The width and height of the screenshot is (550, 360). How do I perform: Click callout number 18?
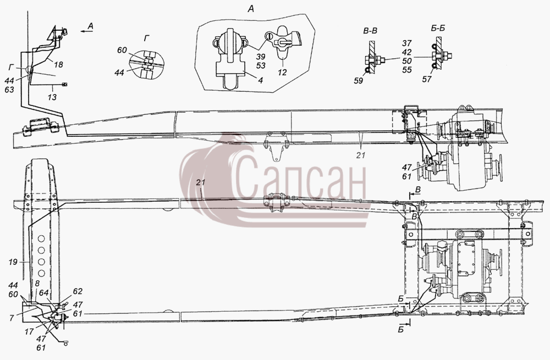pos(59,65)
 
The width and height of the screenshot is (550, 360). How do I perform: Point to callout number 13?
pos(52,97)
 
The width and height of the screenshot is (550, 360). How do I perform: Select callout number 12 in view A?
pos(282,72)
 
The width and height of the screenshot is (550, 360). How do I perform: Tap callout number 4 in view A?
pos(261,80)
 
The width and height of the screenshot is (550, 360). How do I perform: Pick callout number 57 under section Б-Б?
pos(427,80)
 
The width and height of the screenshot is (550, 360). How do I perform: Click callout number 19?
pos(13,262)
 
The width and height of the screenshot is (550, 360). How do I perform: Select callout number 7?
pos(12,318)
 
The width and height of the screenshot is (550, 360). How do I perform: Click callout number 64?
pos(43,292)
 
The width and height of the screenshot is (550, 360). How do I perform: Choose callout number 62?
pos(78,291)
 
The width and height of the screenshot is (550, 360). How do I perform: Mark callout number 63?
pos(9,90)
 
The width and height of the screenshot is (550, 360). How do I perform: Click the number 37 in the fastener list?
pos(406,43)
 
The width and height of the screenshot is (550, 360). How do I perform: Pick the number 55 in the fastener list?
pos(406,70)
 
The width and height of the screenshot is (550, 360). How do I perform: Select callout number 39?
pos(261,57)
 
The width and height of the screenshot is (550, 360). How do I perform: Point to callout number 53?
pos(261,65)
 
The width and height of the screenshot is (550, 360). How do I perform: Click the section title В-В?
pos(370,31)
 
